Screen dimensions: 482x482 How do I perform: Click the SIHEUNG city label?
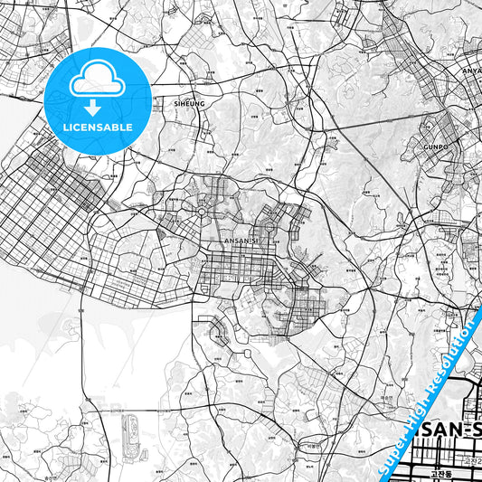click(x=189, y=104)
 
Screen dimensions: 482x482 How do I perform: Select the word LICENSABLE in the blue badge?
click(x=98, y=127)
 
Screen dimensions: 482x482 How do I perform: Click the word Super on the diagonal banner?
click(x=393, y=449)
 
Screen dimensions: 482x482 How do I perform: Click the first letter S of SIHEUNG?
click(x=175, y=104)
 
